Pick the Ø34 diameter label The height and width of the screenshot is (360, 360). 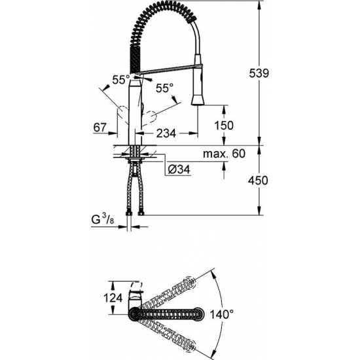180,169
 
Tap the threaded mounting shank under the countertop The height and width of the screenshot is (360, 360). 136,156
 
